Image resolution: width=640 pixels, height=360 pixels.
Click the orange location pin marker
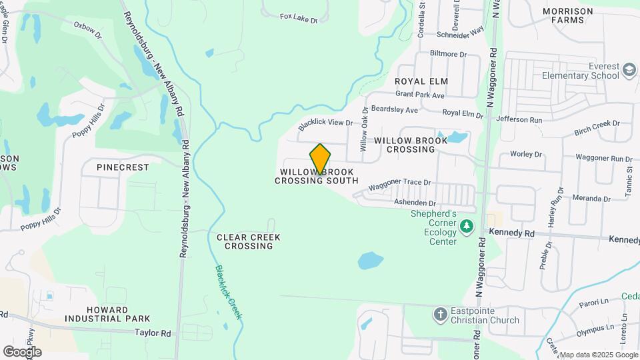coord(320,160)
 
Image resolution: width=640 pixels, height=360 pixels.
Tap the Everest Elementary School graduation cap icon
coord(629,70)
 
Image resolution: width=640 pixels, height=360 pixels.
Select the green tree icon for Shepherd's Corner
coord(467,227)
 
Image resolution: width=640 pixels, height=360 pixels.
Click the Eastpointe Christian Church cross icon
coord(440,313)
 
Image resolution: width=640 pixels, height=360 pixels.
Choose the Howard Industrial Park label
coord(117,315)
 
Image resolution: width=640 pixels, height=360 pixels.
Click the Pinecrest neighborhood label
coord(123,167)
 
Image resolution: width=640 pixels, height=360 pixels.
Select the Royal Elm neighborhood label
coord(421,81)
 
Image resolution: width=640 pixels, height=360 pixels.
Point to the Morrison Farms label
coord(567,15)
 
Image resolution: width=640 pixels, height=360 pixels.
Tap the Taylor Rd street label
coord(153,333)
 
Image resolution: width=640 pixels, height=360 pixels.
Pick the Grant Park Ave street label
coord(420,95)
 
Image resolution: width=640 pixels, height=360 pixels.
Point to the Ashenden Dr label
coord(415,203)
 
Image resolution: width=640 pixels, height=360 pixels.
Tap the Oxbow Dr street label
coord(86,26)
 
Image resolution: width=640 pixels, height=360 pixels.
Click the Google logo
coord(22,351)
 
